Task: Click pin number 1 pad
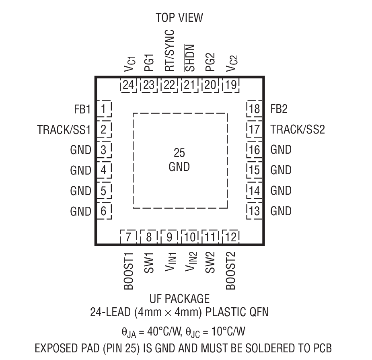point(104,109)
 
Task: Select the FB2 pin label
point(279,109)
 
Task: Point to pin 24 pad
point(128,85)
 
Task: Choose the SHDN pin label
point(190,57)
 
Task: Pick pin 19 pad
point(231,85)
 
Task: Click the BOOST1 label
point(128,271)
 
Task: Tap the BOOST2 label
point(231,271)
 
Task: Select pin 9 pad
point(169,237)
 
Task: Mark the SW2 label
point(210,262)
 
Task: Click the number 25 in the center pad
point(179,153)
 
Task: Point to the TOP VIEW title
point(179,17)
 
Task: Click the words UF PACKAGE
point(179,299)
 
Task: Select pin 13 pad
point(254,211)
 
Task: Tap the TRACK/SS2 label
point(298,130)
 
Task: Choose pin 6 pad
point(104,211)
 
